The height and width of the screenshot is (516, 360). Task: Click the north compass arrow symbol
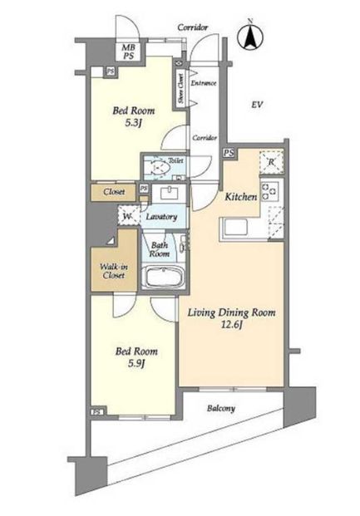tap(250, 37)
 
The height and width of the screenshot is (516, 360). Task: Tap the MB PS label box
tap(129, 52)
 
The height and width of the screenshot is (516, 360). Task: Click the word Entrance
tap(204, 83)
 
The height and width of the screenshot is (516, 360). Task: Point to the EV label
tap(257, 105)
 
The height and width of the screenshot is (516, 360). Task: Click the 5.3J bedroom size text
tap(133, 123)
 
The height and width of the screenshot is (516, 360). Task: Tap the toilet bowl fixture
tap(160, 168)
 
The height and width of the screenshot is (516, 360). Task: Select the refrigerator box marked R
tap(271, 162)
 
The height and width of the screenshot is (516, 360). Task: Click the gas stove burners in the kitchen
tap(269, 191)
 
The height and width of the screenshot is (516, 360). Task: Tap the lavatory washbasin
tap(169, 193)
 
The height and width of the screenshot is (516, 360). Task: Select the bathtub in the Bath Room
tap(163, 277)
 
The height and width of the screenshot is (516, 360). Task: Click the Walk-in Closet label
tap(114, 271)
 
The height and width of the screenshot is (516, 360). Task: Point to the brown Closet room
tap(113, 192)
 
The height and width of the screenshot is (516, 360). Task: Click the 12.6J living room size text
tap(231, 325)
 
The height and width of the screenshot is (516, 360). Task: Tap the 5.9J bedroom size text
tap(136, 363)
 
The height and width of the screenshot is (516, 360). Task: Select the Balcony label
tap(221, 408)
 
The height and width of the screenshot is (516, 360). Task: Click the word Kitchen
tap(241, 197)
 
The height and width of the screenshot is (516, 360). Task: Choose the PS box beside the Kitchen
tap(229, 153)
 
